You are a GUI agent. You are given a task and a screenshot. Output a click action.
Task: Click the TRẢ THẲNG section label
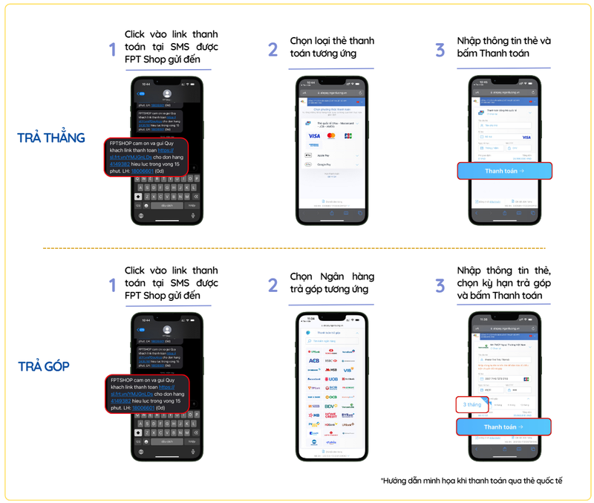(51, 137)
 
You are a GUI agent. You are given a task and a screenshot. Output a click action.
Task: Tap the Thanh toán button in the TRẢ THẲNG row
(504, 171)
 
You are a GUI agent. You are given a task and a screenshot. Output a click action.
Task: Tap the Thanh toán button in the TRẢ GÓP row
(503, 427)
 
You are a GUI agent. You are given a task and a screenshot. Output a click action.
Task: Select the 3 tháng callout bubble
(471, 405)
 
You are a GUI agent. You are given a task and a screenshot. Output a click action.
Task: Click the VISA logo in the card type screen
(314, 136)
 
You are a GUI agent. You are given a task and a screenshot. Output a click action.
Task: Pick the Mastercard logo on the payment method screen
(331, 136)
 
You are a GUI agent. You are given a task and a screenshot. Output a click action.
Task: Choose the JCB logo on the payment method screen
(349, 136)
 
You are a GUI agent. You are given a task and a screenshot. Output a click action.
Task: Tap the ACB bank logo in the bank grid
(313, 361)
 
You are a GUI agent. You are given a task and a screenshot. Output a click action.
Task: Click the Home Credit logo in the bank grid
(330, 415)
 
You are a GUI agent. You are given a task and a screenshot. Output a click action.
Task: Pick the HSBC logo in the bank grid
(330, 361)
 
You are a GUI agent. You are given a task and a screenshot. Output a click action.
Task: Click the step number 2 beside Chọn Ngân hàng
(273, 285)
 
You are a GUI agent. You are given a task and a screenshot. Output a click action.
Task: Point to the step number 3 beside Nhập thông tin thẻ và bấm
(440, 50)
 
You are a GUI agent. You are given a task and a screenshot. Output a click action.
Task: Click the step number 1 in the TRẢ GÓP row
(112, 285)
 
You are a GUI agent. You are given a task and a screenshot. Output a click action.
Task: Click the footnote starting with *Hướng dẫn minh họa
(471, 481)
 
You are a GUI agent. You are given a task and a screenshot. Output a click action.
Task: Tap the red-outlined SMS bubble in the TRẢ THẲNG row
(146, 156)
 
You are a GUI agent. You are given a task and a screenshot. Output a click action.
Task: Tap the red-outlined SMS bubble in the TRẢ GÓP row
(146, 393)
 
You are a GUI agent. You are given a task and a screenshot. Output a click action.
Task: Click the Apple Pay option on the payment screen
(331, 155)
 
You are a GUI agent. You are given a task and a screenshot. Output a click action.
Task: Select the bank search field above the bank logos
(331, 341)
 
